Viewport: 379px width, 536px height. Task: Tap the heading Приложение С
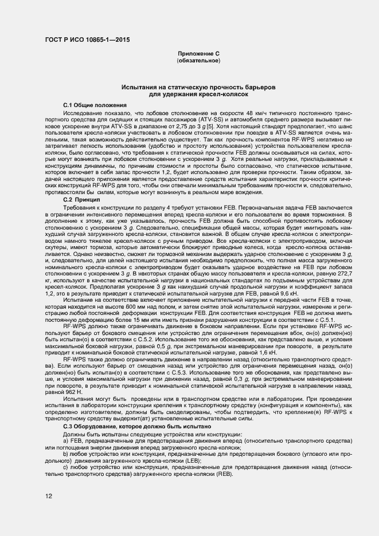[x=198, y=53]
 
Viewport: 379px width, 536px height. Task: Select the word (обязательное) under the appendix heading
[x=198, y=60]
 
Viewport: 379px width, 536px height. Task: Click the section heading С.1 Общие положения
[x=95, y=106]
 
